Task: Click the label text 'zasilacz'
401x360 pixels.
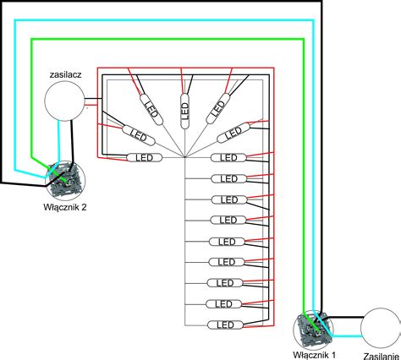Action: (x=65, y=74)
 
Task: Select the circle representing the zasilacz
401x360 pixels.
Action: (x=64, y=101)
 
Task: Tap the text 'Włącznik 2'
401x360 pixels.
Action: (x=65, y=207)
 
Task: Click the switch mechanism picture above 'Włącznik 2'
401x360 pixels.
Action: (x=65, y=179)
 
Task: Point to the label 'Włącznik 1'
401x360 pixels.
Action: (x=315, y=355)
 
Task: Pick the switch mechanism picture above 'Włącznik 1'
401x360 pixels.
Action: (x=313, y=330)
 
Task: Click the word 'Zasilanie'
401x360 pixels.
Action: (x=382, y=356)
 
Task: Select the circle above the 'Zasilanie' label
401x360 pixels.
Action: (x=381, y=328)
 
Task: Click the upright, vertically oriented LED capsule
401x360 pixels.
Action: (x=184, y=111)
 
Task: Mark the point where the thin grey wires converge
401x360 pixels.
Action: (x=184, y=157)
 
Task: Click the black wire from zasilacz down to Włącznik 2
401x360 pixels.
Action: (x=73, y=141)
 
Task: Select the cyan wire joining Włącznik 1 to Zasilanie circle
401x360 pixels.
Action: (x=346, y=336)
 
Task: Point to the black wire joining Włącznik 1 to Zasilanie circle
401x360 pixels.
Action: (x=344, y=317)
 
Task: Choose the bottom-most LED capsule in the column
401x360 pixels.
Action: (x=225, y=325)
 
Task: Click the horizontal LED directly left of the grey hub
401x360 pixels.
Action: (x=145, y=157)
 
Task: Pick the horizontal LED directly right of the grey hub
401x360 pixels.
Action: (x=228, y=157)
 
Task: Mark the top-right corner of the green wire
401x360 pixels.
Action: (x=304, y=40)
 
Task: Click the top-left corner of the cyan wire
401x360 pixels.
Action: (x=15, y=20)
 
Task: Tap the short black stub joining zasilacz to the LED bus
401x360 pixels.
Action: (x=93, y=99)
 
